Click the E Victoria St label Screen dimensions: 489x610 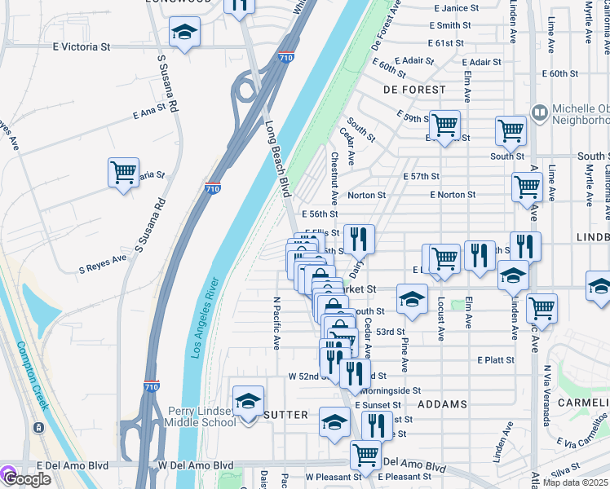[x=81, y=47]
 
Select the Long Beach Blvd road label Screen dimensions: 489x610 [x=277, y=160]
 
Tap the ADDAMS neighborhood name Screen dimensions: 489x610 [x=442, y=404]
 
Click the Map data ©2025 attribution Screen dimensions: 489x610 [x=576, y=482]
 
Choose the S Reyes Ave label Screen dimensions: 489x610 [x=103, y=263]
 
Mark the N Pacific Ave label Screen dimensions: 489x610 [x=276, y=323]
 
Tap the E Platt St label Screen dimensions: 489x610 [x=496, y=359]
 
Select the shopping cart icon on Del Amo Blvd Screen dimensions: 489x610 [x=365, y=453]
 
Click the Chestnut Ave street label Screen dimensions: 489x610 [x=334, y=178]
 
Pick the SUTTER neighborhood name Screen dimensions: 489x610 [x=285, y=415]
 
